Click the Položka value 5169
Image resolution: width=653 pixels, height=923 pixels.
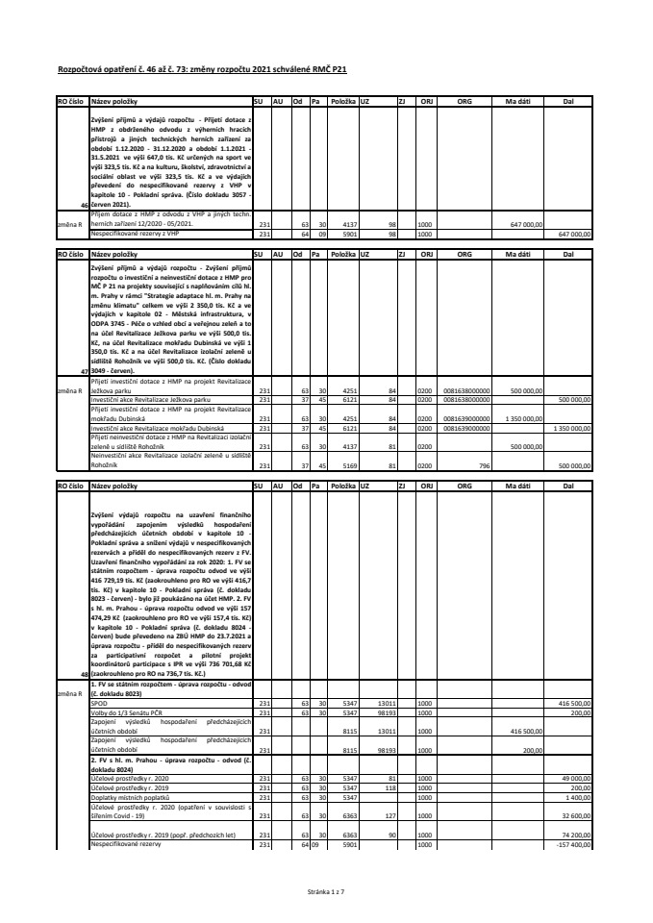343,467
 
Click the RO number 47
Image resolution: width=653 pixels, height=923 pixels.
84,370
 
